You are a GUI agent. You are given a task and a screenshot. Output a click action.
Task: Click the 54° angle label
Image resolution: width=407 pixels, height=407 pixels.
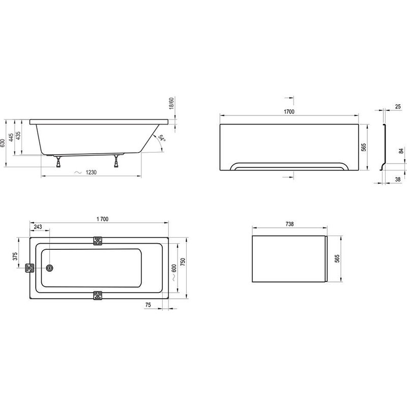[162, 138]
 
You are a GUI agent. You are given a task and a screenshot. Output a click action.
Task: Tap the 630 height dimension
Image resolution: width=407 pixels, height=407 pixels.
[3, 143]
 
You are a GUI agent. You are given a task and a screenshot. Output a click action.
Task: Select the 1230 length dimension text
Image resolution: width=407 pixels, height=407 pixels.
[91, 172]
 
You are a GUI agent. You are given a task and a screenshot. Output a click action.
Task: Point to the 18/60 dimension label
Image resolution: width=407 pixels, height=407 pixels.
[171, 103]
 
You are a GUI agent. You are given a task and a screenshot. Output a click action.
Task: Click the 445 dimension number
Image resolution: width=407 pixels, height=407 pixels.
[11, 137]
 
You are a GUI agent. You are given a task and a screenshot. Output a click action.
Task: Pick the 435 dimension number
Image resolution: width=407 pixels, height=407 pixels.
[18, 136]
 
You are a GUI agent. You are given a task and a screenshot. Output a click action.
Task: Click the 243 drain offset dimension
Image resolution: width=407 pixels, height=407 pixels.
[38, 227]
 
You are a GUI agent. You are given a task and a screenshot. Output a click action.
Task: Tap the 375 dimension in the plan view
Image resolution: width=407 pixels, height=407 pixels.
[15, 256]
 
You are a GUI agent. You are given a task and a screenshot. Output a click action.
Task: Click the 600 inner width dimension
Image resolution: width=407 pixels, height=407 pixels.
[173, 269]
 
